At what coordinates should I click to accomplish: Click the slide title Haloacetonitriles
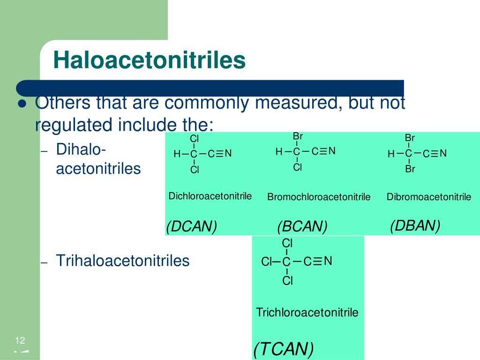150,60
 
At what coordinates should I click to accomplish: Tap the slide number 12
20,340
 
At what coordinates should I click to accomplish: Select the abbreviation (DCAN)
192,226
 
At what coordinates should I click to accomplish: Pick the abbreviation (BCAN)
302,226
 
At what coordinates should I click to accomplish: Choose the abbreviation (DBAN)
415,225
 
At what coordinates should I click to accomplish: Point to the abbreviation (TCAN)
284,349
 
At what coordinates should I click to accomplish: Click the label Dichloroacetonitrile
210,196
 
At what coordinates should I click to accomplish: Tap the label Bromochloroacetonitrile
319,196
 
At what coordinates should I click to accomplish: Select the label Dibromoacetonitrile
429,196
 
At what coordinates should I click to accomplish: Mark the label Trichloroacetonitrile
307,312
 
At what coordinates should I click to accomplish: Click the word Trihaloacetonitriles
123,261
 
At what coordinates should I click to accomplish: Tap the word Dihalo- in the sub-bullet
81,150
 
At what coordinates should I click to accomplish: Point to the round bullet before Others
22,104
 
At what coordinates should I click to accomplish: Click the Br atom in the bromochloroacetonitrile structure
298,136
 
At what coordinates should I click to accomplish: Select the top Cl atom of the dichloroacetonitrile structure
195,139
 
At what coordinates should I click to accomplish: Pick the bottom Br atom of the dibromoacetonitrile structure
410,169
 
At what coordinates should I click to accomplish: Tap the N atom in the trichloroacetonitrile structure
328,261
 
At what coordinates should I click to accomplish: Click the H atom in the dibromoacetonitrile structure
391,154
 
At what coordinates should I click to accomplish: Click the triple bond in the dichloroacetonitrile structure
220,153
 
